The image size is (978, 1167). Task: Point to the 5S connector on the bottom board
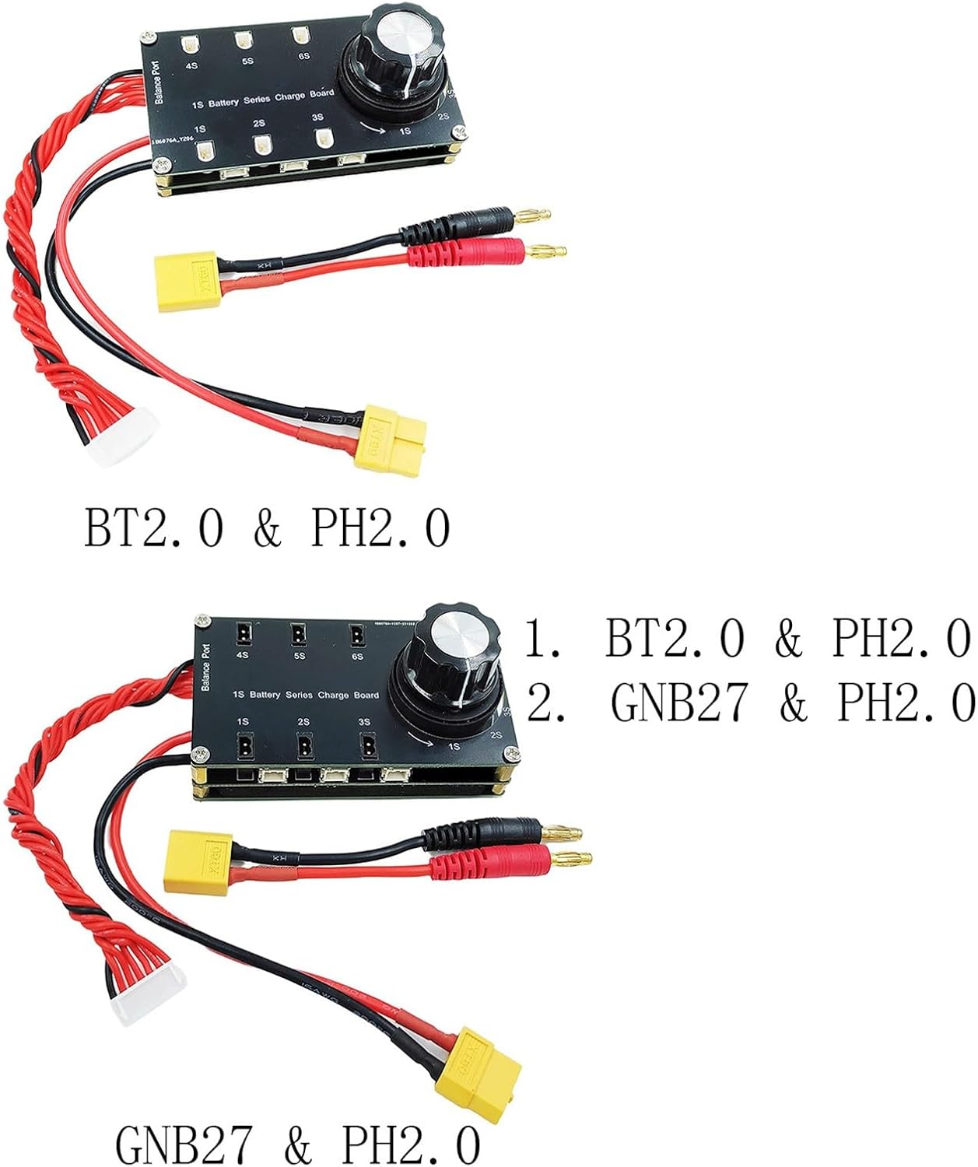tap(298, 636)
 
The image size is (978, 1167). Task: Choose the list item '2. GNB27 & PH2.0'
tap(752, 703)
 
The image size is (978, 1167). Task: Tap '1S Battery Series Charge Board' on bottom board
tap(307, 695)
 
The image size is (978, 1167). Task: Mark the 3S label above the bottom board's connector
tap(363, 722)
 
